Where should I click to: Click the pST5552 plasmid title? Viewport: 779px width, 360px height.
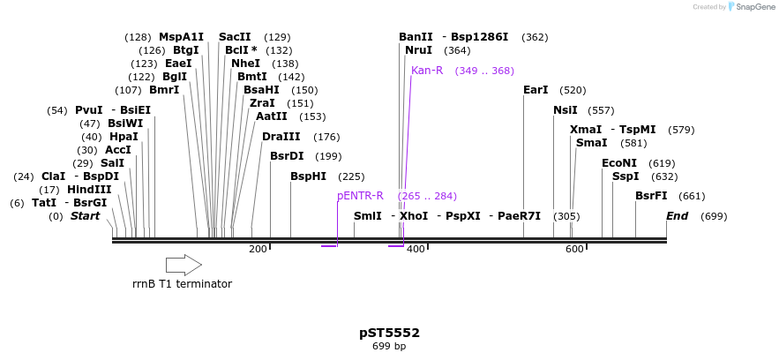389,333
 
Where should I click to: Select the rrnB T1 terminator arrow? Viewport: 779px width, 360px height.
184,264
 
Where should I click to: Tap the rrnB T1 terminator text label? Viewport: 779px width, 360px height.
182,284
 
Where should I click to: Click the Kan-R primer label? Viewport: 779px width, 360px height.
427,71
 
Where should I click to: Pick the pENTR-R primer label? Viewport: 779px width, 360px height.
360,196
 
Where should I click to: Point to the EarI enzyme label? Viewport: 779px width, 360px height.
536,90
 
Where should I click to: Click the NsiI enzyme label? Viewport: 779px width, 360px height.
566,110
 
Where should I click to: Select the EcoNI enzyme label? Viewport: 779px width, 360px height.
619,163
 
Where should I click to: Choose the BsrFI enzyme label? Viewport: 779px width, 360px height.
651,196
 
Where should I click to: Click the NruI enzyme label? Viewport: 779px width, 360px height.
418,50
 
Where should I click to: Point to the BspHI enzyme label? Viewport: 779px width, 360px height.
309,176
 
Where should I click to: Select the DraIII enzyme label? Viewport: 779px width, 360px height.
281,137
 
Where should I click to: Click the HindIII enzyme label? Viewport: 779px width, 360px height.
89,190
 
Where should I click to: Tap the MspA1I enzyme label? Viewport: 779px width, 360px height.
181,37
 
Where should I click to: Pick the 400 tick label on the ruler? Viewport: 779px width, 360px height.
416,250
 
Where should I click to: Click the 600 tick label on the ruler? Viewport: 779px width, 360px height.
574,250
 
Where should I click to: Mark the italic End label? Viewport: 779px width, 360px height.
677,216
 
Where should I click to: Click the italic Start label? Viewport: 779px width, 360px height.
86,216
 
